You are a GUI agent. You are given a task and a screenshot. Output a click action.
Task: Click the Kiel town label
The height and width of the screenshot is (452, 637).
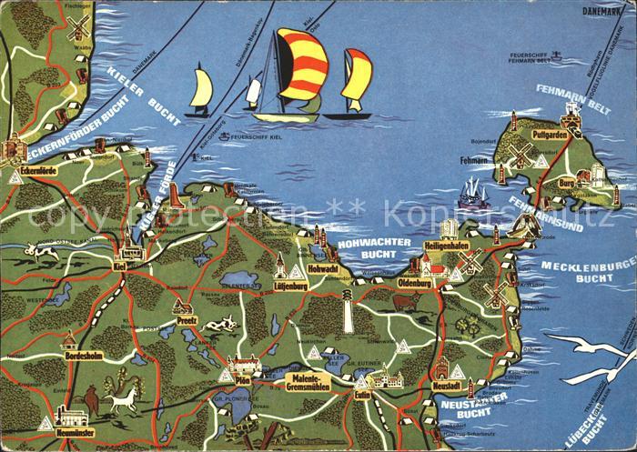pos(119,265)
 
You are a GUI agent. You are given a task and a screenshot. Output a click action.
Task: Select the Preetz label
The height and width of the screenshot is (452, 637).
pos(187,319)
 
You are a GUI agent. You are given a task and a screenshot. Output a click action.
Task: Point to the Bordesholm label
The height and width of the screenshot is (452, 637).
pos(87,356)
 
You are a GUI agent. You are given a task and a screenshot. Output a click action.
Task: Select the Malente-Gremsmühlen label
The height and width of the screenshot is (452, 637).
pos(309,382)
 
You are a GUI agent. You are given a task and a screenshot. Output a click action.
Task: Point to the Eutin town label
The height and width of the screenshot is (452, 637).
pos(364,396)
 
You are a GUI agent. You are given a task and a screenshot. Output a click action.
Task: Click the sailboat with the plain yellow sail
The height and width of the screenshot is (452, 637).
pos(201,91)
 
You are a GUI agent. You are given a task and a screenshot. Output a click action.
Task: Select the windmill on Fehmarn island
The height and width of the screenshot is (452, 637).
pos(521,154)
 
